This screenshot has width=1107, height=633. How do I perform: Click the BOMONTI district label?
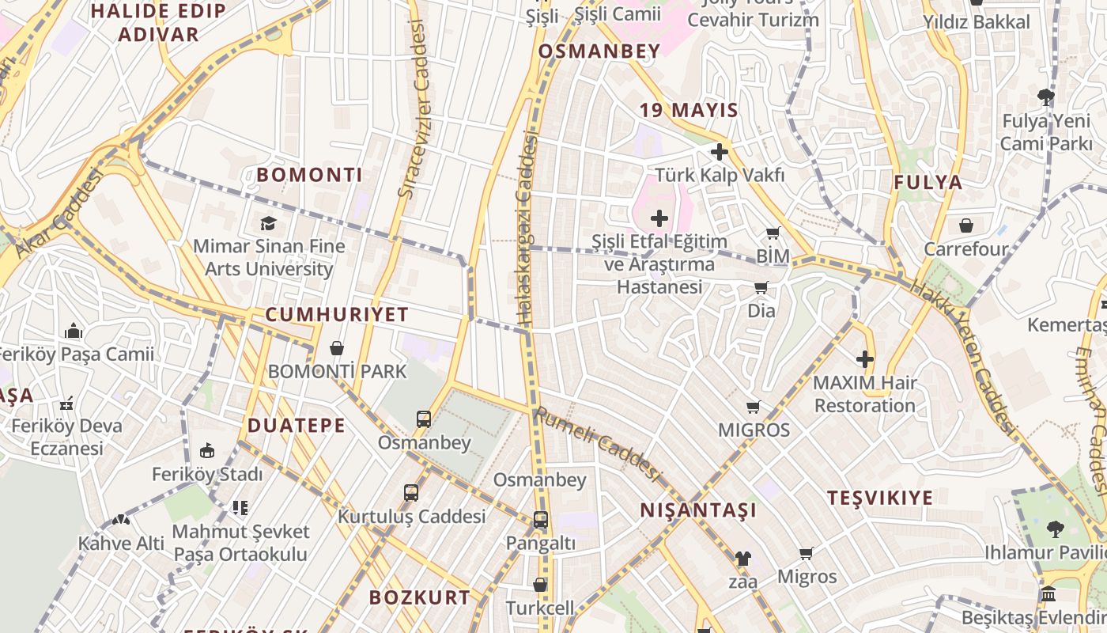tap(310, 175)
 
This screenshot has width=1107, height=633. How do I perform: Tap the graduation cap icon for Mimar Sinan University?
tap(268, 223)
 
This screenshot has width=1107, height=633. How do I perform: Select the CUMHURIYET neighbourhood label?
tap(337, 314)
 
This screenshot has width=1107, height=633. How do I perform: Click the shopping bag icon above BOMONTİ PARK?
tap(337, 348)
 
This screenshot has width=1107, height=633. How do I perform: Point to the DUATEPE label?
tap(297, 426)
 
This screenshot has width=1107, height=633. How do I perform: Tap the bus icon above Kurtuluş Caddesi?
tap(411, 493)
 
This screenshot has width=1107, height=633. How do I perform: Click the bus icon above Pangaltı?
tap(541, 520)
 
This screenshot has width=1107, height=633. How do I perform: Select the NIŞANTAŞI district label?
tap(698, 510)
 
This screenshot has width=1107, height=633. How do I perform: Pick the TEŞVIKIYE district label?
tap(880, 498)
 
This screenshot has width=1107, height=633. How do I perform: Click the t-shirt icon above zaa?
tap(742, 559)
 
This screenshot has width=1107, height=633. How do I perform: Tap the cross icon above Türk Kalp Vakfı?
tap(720, 151)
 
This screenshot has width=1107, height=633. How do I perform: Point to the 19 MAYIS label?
tap(689, 110)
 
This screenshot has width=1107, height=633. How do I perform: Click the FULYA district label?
tap(928, 183)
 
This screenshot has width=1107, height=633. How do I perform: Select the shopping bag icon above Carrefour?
tap(966, 226)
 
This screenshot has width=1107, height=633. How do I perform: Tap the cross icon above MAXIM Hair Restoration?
tap(865, 359)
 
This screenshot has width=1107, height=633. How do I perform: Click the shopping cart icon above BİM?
tap(773, 233)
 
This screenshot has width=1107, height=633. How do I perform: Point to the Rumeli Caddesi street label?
tap(597, 444)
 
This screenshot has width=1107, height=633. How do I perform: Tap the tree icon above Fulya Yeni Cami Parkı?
tap(1046, 98)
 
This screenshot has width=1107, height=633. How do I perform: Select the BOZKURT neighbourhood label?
tap(420, 597)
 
